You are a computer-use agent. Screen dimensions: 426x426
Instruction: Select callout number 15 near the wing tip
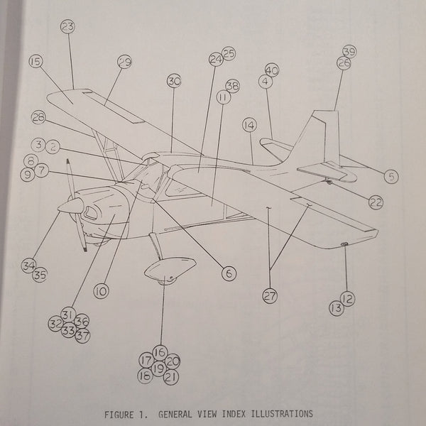coord(35,62)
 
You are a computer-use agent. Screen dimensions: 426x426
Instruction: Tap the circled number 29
coord(124,63)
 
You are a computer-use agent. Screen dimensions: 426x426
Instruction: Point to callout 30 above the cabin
coord(174,81)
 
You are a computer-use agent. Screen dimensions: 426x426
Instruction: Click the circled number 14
coord(248,125)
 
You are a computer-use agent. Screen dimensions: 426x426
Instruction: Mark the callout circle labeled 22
coord(376,202)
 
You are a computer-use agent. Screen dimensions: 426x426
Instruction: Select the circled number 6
coord(226,271)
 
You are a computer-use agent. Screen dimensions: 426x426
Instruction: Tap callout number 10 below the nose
coord(101,290)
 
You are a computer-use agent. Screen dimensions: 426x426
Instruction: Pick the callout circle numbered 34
coord(28,266)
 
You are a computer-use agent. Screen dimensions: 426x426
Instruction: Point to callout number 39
coord(349,51)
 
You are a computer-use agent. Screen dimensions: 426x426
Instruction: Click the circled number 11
coord(223,98)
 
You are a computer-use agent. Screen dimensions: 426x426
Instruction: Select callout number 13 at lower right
coord(336,307)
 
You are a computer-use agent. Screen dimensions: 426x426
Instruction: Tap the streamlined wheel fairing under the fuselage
coord(170,270)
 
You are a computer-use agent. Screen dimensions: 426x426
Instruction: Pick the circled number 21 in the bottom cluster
coord(170,376)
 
